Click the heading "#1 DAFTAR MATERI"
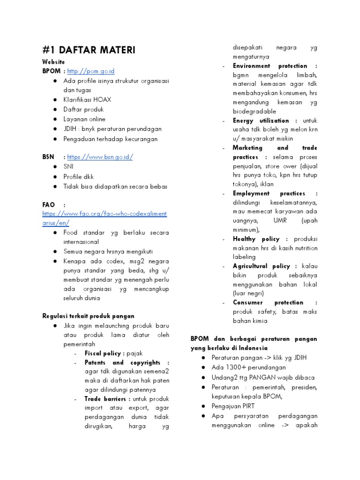(x=89, y=50)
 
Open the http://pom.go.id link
(x=91, y=71)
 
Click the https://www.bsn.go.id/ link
(x=100, y=157)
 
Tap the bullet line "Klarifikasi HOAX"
(x=87, y=100)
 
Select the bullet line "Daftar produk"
(x=84, y=110)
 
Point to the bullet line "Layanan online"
(x=84, y=120)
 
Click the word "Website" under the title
(x=53, y=61)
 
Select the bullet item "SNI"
(x=68, y=167)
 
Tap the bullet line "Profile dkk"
(x=78, y=177)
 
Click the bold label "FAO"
(x=48, y=205)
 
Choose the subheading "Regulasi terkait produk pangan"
(x=88, y=316)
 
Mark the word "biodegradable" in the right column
(x=255, y=112)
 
